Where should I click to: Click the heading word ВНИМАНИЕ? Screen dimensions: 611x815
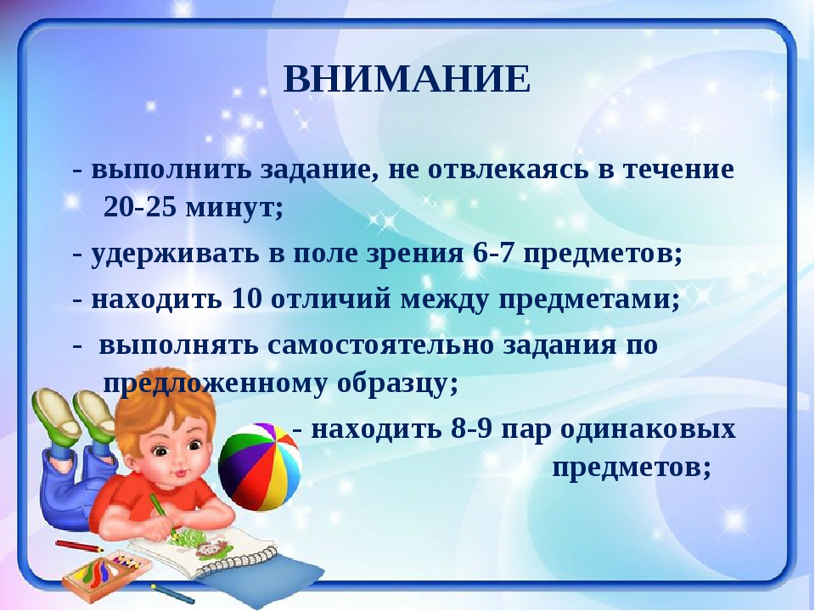coord(407,81)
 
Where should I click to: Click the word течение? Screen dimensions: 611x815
coord(678,168)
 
